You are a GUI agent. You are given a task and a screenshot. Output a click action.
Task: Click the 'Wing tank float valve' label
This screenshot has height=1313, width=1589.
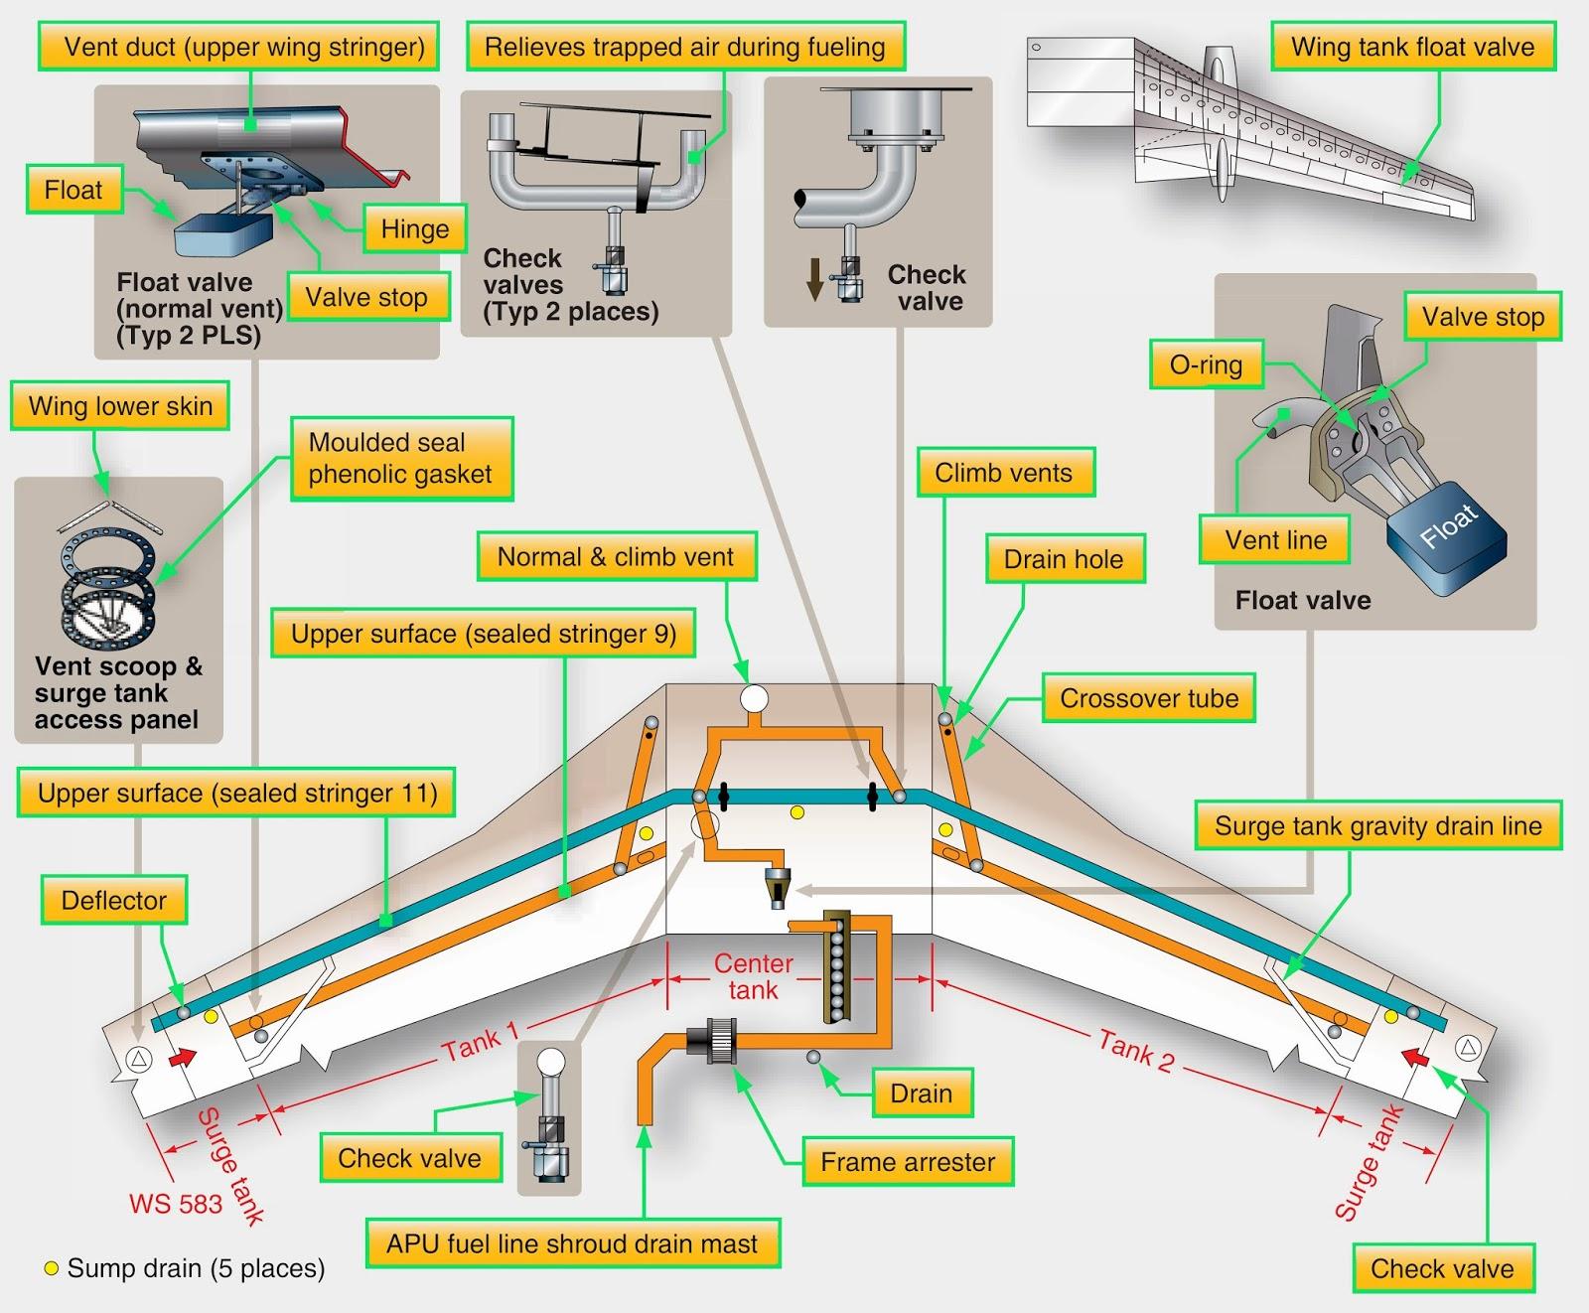coord(1412,47)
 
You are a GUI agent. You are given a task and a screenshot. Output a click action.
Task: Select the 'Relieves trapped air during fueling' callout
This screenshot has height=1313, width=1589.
coord(684,47)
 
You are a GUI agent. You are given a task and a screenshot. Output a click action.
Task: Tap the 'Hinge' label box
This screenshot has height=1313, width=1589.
coord(414,229)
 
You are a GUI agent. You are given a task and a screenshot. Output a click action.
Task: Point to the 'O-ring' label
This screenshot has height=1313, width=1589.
coord(1206,365)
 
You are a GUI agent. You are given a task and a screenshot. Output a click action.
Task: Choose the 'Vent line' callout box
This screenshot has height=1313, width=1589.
coord(1275,540)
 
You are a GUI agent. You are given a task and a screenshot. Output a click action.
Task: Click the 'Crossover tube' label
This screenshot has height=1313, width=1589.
coord(1149,698)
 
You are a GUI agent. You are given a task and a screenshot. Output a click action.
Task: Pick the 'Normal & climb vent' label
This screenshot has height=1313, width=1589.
coord(615,557)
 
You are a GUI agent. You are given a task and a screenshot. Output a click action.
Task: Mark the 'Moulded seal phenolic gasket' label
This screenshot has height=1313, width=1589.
coord(400,458)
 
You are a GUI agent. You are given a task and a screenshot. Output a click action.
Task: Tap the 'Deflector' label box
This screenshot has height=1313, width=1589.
coord(114,901)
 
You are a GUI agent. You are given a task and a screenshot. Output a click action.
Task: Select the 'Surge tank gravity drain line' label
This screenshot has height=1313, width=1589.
coord(1377,826)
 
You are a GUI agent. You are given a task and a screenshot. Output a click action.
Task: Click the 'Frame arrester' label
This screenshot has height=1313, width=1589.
coord(908,1162)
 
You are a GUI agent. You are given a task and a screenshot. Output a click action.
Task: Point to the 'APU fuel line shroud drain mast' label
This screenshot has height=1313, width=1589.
coord(572,1243)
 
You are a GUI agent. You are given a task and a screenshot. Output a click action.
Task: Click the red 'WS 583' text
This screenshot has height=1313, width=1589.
coord(176,1205)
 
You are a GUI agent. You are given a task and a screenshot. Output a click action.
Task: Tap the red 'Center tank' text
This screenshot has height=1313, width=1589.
coord(754,976)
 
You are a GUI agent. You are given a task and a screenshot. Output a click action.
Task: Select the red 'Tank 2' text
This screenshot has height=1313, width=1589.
coord(1136,1052)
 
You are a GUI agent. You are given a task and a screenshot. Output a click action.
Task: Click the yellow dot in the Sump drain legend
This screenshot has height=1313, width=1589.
coord(52,1268)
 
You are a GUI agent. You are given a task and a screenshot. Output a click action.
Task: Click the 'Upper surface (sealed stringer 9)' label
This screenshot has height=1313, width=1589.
coord(483,635)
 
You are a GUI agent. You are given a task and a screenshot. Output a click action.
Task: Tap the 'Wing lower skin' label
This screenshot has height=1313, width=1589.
coord(120,406)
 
